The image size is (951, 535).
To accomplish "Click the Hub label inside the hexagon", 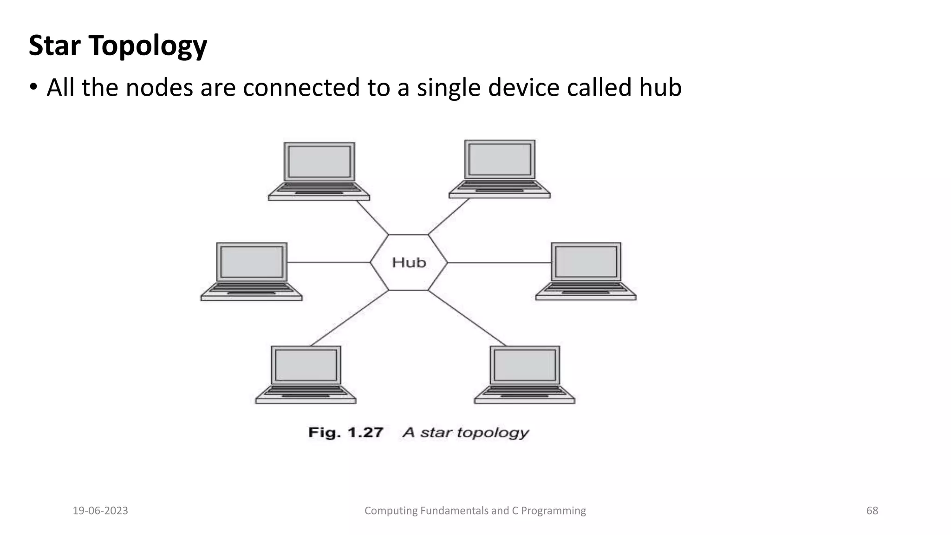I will tap(409, 262).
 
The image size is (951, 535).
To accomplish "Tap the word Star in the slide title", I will tap(54, 46).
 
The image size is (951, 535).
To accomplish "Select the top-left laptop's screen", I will tap(319, 162).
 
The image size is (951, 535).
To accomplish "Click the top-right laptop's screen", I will tap(500, 159).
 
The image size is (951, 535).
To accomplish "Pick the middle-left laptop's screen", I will tap(252, 262).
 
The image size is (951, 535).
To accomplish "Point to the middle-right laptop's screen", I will tap(586, 261).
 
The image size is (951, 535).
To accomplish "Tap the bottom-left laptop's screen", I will tap(306, 365).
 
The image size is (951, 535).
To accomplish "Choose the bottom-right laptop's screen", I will tap(525, 365).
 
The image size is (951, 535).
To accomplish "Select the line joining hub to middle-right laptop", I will tap(499, 263).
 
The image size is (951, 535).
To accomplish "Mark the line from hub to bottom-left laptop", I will tap(349, 318).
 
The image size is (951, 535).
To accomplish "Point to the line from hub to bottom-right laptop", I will tap(467, 318).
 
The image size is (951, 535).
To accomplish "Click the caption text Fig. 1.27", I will tap(345, 432).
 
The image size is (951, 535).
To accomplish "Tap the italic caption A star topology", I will tap(466, 432).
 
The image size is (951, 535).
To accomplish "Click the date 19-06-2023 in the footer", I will tap(100, 511).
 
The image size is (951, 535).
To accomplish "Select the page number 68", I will tap(872, 511).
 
